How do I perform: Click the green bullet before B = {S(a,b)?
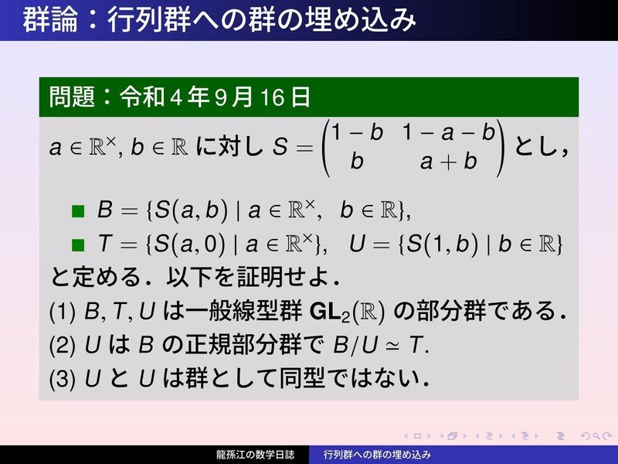pos(78,211)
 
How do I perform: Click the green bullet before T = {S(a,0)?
pos(78,245)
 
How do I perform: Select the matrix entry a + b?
pos(449,162)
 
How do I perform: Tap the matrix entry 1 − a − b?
pos(449,131)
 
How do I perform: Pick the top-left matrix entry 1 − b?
pos(357,131)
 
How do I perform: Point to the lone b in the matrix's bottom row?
pos(357,161)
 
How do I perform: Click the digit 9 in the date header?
pos(222,97)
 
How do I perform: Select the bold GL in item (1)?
pos(325,312)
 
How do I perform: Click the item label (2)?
pos(63,345)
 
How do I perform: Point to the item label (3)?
pos(63,379)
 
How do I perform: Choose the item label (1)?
pos(63,312)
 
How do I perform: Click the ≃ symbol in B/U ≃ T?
pos(392,346)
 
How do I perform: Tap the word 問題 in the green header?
pos(72,97)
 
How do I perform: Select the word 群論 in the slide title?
pos(50,20)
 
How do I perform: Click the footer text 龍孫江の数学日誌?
pos(255,455)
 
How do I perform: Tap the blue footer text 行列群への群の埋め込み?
pos(377,455)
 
